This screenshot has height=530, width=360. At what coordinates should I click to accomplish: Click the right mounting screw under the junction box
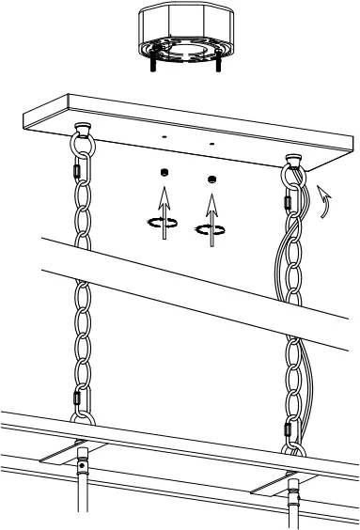218,66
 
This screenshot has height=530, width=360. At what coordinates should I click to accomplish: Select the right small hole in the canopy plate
212,144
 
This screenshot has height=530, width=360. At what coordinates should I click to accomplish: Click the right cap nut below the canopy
212,179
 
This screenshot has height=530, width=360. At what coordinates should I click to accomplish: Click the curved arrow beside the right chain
324,198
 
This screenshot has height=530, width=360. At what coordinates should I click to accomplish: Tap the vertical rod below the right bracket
294,507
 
